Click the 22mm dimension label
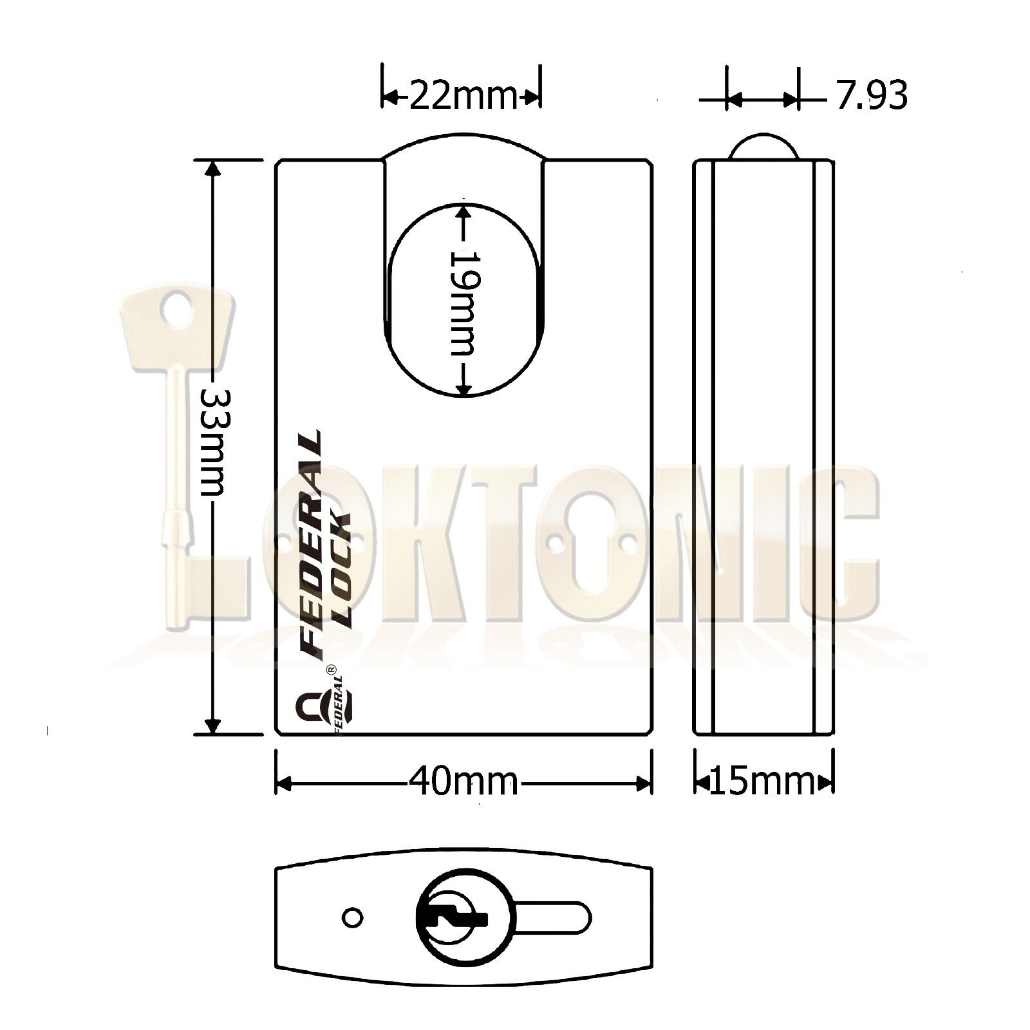click(463, 97)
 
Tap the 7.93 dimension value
click(872, 96)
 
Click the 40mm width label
click(463, 783)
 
